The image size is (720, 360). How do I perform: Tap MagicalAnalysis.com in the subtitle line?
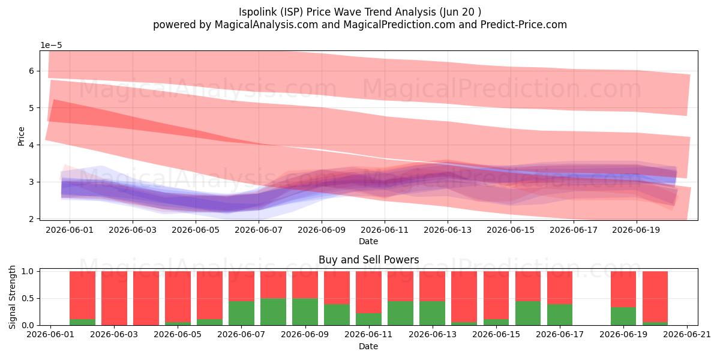(266, 25)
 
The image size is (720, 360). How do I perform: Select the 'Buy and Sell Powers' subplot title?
(368, 260)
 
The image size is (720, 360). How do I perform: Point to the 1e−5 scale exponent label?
(51, 46)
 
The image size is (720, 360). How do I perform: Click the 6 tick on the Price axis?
(31, 71)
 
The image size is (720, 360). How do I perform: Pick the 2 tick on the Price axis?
(31, 219)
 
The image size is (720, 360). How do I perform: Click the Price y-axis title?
(21, 136)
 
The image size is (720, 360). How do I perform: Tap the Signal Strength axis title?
(12, 298)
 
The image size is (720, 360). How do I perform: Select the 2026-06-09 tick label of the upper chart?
(322, 230)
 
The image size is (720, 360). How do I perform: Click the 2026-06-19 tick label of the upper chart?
(636, 230)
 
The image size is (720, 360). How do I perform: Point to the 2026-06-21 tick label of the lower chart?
(687, 335)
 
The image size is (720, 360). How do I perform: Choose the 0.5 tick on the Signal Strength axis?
(28, 298)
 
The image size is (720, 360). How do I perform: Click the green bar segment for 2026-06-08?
(273, 312)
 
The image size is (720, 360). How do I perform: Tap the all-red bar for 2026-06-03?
(114, 298)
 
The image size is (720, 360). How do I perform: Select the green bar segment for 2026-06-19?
(623, 316)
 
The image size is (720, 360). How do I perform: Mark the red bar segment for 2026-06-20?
(655, 296)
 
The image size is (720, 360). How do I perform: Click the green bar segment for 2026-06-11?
(368, 319)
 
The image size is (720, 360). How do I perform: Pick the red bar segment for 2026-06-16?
(528, 286)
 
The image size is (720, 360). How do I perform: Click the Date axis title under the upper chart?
(368, 241)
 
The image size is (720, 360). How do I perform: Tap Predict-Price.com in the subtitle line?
(524, 25)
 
